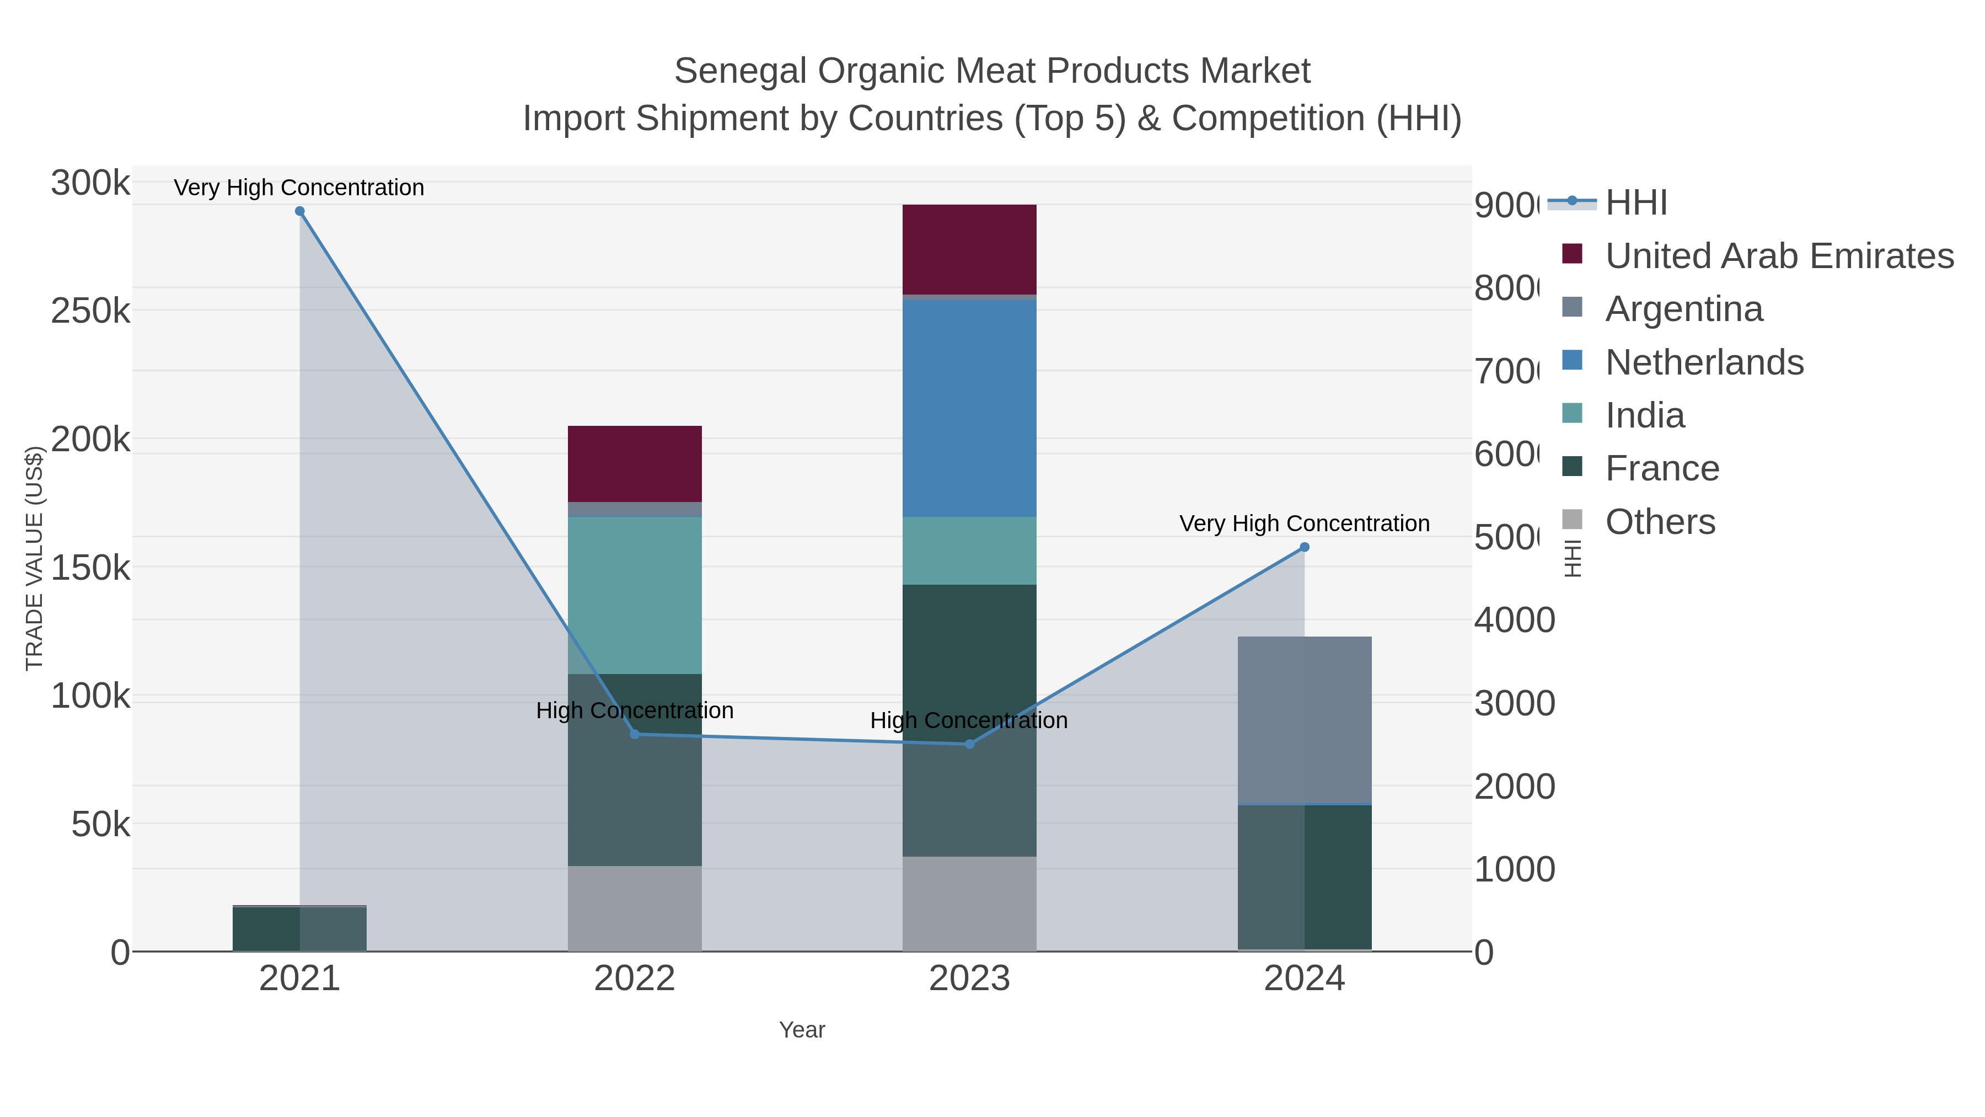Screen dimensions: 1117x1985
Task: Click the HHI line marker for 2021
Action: click(x=300, y=211)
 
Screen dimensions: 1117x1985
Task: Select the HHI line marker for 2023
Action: click(x=969, y=744)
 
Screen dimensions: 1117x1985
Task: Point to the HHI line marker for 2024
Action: click(x=1305, y=547)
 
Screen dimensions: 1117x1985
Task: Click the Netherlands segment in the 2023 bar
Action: click(x=969, y=409)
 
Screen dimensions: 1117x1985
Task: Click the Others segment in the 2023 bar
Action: click(x=969, y=904)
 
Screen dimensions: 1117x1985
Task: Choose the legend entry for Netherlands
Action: click(x=1704, y=362)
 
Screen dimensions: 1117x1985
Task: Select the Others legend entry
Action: click(x=1660, y=522)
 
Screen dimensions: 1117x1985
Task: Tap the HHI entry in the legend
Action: click(x=1635, y=203)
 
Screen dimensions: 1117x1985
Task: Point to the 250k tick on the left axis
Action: click(x=90, y=312)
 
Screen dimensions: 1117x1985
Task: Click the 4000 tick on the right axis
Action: click(x=1514, y=620)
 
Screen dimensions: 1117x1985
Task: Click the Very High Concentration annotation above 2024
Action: click(x=1304, y=523)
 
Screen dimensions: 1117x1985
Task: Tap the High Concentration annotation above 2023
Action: click(x=969, y=721)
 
